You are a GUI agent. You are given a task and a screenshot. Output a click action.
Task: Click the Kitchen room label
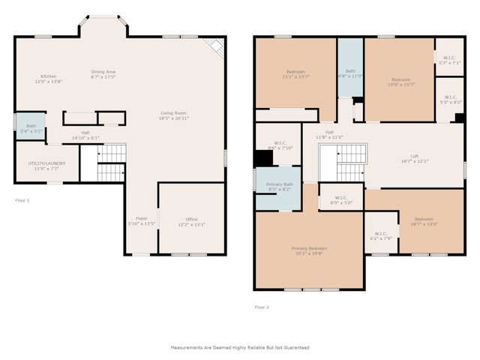[x=48, y=76]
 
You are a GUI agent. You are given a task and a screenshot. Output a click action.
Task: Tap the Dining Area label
[x=103, y=72]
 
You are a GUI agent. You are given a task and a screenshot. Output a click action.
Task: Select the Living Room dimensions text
[x=173, y=118]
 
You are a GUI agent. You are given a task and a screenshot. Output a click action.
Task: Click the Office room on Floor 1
[x=190, y=221]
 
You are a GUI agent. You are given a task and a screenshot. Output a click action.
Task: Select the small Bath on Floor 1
[x=31, y=129]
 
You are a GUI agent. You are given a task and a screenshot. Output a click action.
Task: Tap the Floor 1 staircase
[x=111, y=163]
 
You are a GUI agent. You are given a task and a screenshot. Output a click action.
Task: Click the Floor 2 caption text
[x=262, y=307]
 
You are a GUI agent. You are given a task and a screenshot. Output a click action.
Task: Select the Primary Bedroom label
[x=309, y=248]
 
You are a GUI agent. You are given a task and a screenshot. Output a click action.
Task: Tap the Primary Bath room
[x=279, y=188]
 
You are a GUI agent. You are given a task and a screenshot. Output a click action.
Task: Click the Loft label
[x=413, y=156]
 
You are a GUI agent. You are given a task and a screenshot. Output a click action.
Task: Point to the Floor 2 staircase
[x=349, y=163]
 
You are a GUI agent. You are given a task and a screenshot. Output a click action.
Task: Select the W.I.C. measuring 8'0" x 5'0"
[x=340, y=201]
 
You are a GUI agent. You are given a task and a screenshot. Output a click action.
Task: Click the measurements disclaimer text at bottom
[x=239, y=347]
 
